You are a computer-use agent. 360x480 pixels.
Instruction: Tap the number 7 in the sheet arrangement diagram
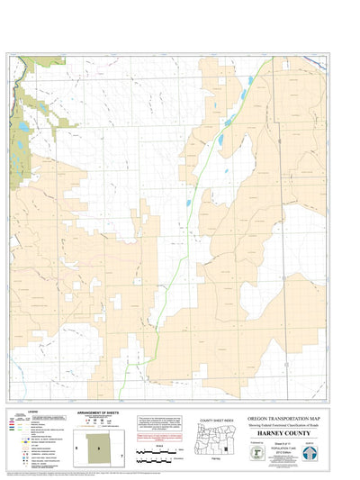121,457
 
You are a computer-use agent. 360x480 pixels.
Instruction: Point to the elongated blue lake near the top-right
247,87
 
